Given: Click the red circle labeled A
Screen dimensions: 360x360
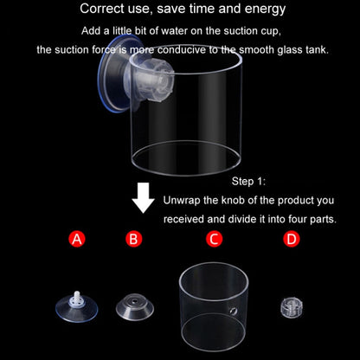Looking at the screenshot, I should (77, 239).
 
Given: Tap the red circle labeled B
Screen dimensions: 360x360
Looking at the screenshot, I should (133, 239).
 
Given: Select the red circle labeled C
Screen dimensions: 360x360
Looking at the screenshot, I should (214, 239).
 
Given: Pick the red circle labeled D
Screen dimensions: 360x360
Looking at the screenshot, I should (291, 239).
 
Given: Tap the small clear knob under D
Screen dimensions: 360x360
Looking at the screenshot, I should (291, 305).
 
